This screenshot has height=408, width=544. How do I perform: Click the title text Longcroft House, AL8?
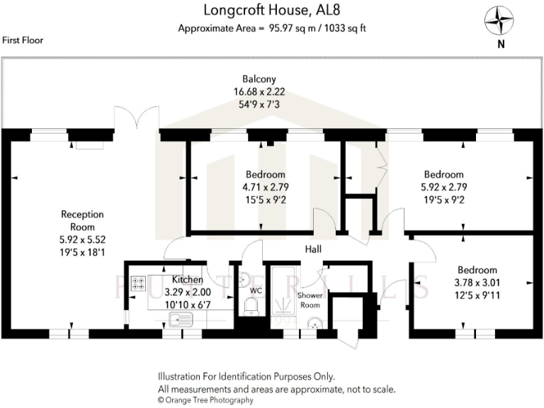tap(272, 11)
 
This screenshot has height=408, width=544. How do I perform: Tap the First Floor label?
tap(22, 40)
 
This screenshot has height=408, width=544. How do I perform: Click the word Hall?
tap(314, 249)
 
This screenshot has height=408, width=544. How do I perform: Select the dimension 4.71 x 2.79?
tap(266, 187)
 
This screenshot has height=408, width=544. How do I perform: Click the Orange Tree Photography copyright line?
tap(205, 400)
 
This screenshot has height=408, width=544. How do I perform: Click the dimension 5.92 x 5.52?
tap(82, 239)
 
